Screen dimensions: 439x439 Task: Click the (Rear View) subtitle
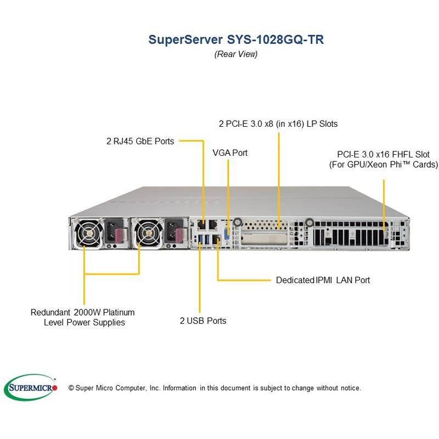235,54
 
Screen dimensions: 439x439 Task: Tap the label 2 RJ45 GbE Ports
140,141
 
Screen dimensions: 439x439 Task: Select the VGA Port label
230,153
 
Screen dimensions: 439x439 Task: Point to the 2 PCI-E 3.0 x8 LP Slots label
278,123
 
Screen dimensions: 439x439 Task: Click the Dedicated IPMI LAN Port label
323,280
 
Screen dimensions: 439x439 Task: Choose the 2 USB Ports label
202,320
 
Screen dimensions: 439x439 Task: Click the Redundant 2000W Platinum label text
83,312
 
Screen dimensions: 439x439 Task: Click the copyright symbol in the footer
71,388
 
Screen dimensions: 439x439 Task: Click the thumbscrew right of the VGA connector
237,223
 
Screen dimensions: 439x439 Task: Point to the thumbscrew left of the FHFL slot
309,222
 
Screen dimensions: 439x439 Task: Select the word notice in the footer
349,388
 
